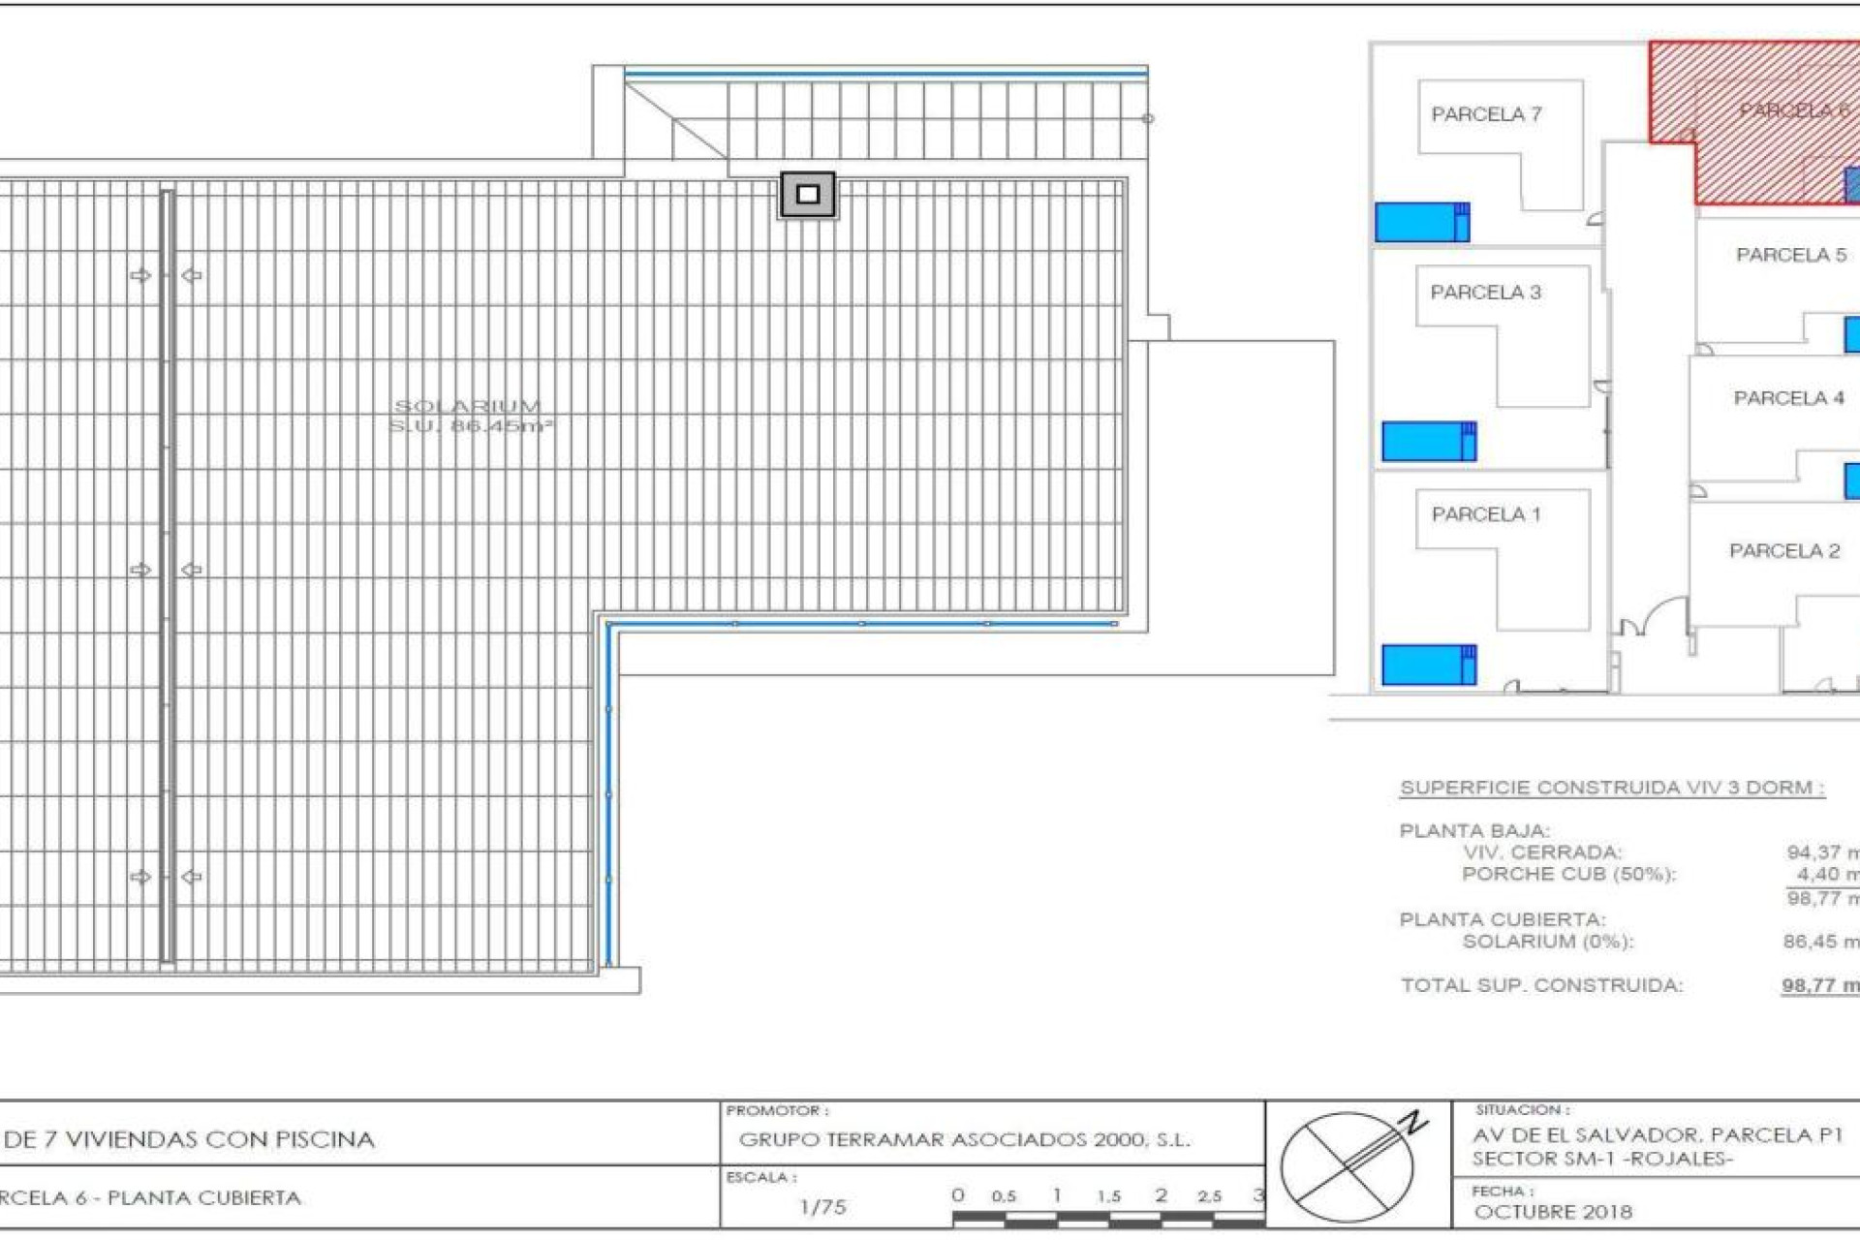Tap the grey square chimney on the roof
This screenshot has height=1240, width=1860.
(x=807, y=195)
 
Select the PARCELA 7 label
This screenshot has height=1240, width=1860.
(x=1486, y=114)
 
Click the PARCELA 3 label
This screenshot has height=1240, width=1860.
(x=1485, y=293)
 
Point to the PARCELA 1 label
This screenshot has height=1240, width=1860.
(x=1485, y=514)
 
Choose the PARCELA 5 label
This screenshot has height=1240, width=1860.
(x=1790, y=255)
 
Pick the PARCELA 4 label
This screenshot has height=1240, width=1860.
(x=1788, y=398)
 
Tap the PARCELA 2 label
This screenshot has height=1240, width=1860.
(x=1783, y=551)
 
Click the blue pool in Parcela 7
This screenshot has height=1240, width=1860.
(x=1421, y=222)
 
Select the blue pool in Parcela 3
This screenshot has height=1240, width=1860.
(x=1428, y=442)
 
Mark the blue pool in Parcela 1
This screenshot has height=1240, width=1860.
(x=1428, y=665)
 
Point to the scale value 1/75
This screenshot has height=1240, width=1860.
(x=822, y=1207)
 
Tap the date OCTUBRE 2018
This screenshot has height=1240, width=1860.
(x=1552, y=1212)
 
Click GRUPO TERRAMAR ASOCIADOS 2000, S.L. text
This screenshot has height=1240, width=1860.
(x=964, y=1140)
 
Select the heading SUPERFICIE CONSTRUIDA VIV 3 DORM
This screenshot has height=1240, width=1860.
(x=1612, y=788)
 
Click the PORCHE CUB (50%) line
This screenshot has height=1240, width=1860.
(x=1567, y=874)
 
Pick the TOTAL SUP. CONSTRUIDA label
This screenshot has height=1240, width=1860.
(x=1541, y=985)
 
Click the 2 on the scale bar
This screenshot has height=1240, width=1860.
(x=1161, y=1195)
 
